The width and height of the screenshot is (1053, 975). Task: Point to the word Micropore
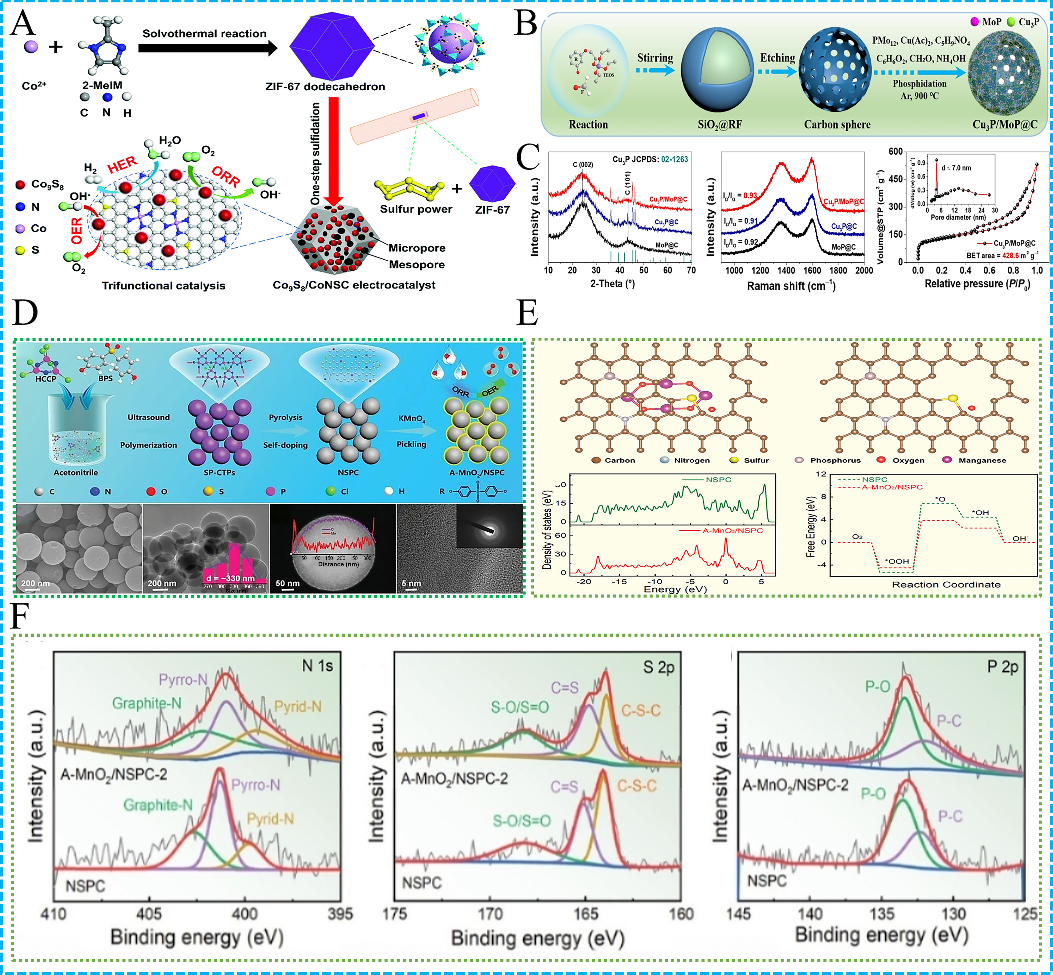point(417,248)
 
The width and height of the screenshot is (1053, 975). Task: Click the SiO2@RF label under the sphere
point(720,125)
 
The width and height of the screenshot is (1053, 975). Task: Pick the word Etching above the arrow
point(777,58)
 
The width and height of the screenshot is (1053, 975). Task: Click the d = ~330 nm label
point(231,578)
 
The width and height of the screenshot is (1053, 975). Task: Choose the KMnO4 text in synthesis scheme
point(412,418)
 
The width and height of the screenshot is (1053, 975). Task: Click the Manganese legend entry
point(981,460)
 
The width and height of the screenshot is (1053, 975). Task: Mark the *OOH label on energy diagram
point(897,561)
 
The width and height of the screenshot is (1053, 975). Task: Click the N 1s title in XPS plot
point(317,666)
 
